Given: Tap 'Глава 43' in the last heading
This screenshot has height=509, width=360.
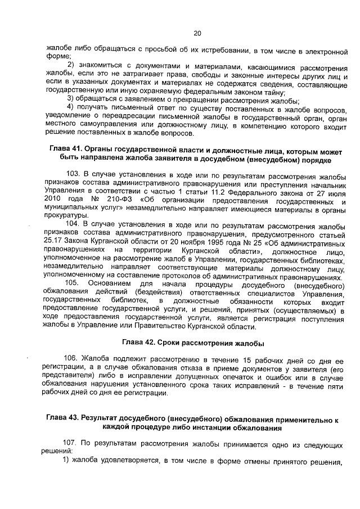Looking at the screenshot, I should [60, 419].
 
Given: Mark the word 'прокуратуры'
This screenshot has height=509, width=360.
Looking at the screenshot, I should [65, 216].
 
